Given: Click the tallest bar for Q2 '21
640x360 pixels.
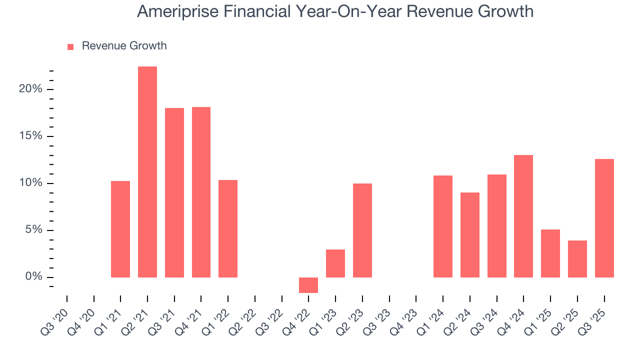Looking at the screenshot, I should coord(147,172).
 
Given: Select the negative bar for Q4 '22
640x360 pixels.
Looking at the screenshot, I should coord(308,285).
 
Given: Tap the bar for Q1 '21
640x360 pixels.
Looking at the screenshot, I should coord(120,229).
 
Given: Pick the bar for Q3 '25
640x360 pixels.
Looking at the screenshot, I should coord(604,218).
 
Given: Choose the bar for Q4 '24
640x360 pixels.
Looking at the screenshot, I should coord(523,216).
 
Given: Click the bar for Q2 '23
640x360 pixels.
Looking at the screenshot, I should coord(362,230).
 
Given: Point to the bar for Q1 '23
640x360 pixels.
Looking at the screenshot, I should coord(335,263).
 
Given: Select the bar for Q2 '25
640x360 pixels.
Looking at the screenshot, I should coord(577,259).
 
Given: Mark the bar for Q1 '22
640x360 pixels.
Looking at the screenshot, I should coord(228,228).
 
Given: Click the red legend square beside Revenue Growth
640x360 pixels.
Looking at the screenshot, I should coord(70,46).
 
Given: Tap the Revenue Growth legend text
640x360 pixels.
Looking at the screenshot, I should coord(124,46).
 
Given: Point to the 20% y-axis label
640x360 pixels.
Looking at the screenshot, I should coord(31,89).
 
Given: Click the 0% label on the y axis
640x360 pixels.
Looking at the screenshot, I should coord(34,277).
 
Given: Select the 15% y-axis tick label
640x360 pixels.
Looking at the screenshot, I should coord(31,136).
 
